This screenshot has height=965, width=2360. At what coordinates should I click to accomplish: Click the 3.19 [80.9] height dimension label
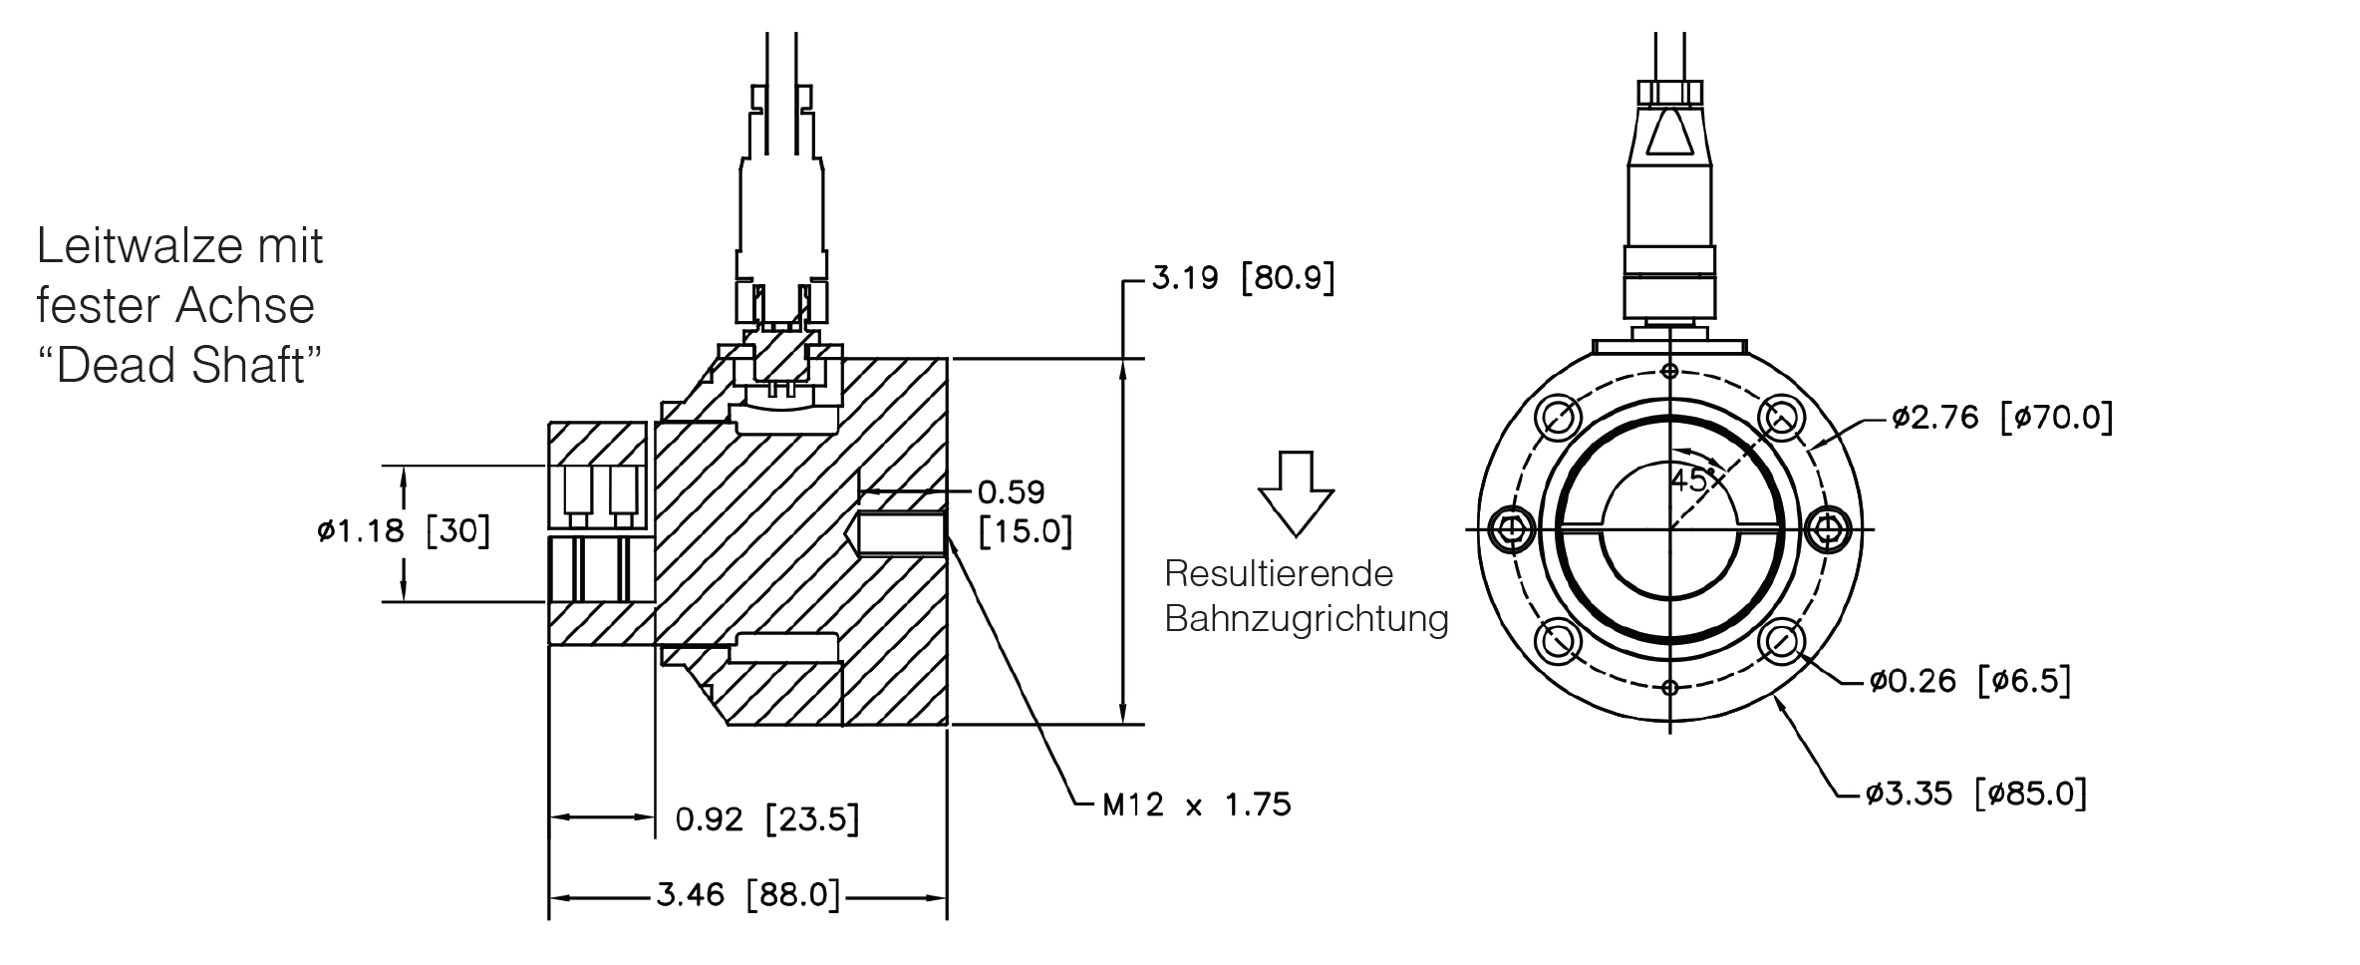[x=1243, y=277]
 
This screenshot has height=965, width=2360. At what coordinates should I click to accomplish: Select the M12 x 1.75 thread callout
[x=1196, y=804]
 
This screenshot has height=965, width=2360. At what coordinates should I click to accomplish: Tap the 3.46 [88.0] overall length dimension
[x=747, y=895]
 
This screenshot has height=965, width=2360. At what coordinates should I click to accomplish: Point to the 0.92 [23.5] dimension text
[x=766, y=818]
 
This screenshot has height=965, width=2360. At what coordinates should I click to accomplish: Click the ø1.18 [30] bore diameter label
[x=404, y=530]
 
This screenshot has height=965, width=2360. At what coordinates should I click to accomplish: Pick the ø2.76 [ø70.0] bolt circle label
[x=2002, y=417]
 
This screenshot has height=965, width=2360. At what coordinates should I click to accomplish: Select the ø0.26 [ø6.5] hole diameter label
[x=1970, y=682]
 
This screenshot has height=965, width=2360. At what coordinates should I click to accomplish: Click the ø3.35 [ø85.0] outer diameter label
[x=1976, y=794]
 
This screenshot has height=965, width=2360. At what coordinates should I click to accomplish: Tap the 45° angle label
[x=1692, y=480]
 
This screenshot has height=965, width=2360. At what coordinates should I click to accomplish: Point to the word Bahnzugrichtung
[x=1307, y=619]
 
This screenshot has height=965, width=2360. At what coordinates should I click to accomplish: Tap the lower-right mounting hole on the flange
[x=1782, y=641]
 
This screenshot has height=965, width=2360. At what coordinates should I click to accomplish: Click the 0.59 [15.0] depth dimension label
[x=1025, y=512]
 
